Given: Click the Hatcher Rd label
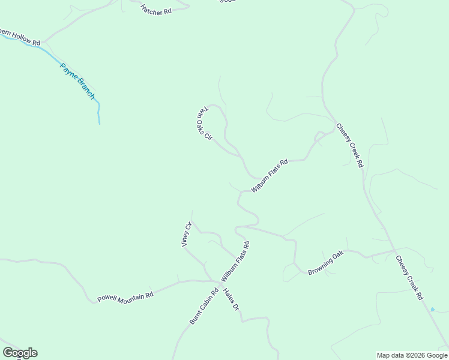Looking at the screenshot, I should point(156,10).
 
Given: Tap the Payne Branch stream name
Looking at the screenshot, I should point(78,81).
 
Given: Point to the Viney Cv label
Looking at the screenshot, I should point(186,234).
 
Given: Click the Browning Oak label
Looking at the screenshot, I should point(325,263).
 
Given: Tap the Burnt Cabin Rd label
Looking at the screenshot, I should point(203,307).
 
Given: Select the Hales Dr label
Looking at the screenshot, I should point(231,299).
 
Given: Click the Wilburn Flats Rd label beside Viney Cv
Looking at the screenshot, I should point(235,262).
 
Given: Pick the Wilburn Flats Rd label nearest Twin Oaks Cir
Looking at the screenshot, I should point(270,175).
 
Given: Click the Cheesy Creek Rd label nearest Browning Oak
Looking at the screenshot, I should point(409,277).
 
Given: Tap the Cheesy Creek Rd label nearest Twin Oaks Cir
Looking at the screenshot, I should point(349,145).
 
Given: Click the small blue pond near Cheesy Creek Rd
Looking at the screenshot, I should point(433,310).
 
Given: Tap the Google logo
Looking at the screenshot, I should point(20,353).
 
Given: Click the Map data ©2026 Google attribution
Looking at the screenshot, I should point(412,355).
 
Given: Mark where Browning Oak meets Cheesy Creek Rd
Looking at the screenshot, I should point(394,250).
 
